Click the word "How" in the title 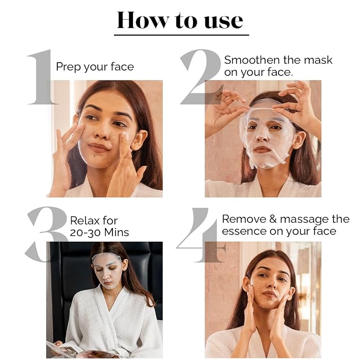[x=143, y=20]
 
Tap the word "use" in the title [x=223, y=22]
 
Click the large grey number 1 [x=41, y=77]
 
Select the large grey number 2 [x=201, y=77]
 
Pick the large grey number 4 [x=200, y=235]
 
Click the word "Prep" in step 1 [x=68, y=67]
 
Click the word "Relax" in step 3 [x=85, y=221]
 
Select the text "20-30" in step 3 [x=85, y=232]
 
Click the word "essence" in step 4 [x=244, y=231]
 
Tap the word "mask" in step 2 [x=318, y=60]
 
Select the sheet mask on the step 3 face [x=106, y=270]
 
